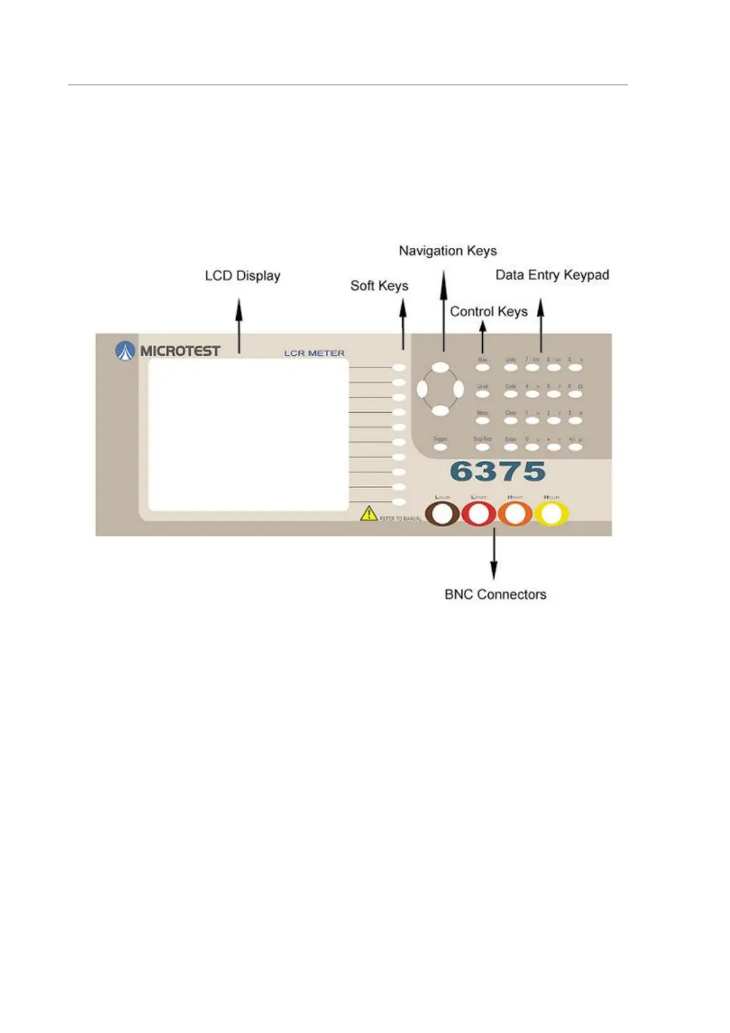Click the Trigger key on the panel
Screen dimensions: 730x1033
[x=440, y=447]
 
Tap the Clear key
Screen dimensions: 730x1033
[x=510, y=421]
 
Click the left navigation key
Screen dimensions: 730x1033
[x=422, y=389]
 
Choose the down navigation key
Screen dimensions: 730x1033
[x=440, y=411]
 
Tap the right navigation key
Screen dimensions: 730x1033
[x=458, y=389]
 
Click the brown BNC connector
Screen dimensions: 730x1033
[x=443, y=514]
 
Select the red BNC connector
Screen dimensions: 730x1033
[x=478, y=514]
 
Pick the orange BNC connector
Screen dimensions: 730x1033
[x=515, y=514]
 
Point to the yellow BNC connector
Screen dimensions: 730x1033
[x=551, y=514]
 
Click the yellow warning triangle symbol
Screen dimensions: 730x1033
[x=368, y=513]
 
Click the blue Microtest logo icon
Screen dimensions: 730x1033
[x=125, y=351]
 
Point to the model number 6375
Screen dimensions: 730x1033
[x=498, y=472]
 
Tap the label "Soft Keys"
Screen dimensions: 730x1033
[x=379, y=286]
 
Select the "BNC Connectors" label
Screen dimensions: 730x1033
[x=495, y=594]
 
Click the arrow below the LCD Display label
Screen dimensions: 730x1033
[x=239, y=325]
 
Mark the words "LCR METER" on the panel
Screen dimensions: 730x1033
[x=314, y=353]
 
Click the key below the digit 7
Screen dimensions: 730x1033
[x=532, y=368]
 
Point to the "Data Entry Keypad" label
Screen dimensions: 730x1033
[x=552, y=275]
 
